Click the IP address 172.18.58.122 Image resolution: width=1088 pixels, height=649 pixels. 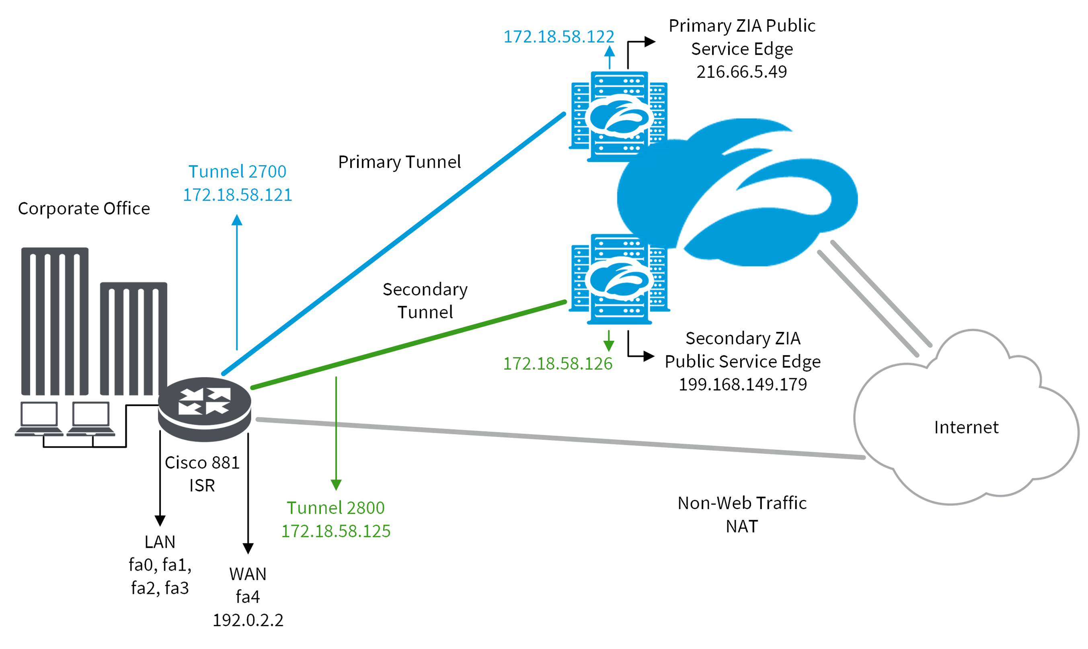click(558, 37)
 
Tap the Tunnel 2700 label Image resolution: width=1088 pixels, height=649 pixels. click(237, 172)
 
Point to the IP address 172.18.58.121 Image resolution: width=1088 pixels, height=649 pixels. click(237, 195)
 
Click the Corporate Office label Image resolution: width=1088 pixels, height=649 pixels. click(84, 209)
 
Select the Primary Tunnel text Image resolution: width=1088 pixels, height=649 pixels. click(399, 162)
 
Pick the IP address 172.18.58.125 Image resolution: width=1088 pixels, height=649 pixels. click(336, 531)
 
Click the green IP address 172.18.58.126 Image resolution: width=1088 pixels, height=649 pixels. click(558, 364)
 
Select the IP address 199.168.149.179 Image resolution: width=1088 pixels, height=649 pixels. click(742, 385)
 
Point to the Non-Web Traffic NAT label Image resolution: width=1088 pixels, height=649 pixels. click(742, 515)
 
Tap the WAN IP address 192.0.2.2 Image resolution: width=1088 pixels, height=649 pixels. click(248, 620)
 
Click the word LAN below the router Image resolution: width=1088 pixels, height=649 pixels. click(160, 542)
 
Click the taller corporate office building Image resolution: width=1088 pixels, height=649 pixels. click(55, 321)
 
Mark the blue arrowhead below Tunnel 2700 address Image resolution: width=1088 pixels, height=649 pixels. click(237, 220)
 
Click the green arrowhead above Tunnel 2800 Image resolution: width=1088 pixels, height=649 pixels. click(336, 485)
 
